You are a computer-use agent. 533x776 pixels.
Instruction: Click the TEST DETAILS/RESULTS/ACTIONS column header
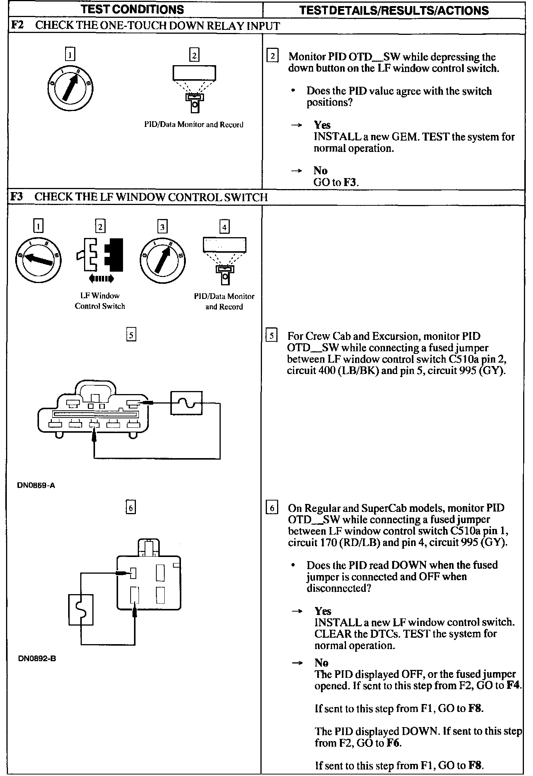click(x=394, y=10)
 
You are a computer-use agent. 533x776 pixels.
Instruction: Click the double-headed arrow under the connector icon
click(x=100, y=279)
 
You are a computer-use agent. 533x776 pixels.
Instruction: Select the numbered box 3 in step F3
click(x=162, y=227)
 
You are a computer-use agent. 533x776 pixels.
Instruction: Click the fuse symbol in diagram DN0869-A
click(x=186, y=403)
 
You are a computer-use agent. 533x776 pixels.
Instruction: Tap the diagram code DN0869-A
click(x=36, y=485)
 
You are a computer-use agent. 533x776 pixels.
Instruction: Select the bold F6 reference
click(x=394, y=743)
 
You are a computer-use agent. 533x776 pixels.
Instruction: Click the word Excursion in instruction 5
click(x=396, y=336)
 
